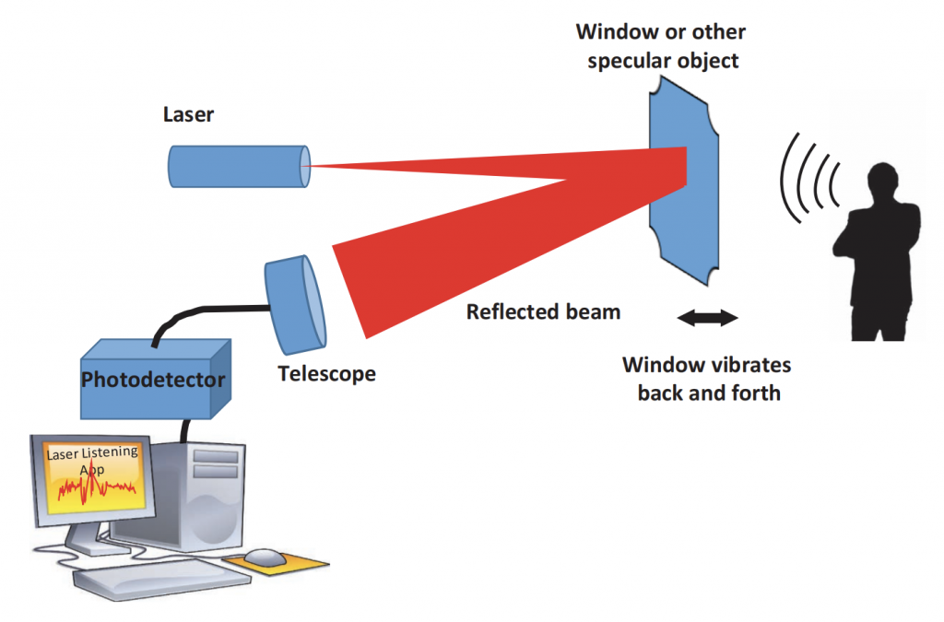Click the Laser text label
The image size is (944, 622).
click(x=188, y=114)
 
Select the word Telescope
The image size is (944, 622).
click(x=326, y=374)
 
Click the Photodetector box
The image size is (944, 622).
click(x=153, y=379)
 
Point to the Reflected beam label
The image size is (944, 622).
click(x=543, y=311)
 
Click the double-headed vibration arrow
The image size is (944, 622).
click(x=707, y=318)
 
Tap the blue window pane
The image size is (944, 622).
click(x=682, y=212)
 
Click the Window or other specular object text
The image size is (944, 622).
click(x=660, y=47)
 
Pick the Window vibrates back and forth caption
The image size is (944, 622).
click(x=708, y=379)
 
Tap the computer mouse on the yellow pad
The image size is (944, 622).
click(x=265, y=557)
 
